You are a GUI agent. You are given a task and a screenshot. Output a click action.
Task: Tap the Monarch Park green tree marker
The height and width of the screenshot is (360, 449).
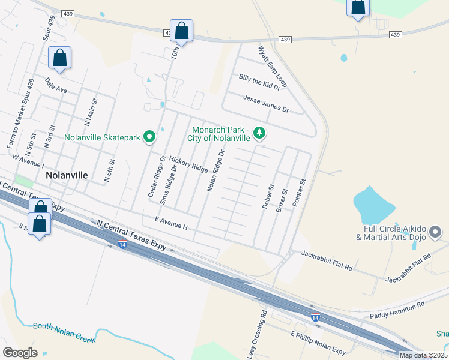tap(259, 132)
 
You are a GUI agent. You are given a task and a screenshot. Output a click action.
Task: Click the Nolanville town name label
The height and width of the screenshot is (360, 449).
tap(67, 175)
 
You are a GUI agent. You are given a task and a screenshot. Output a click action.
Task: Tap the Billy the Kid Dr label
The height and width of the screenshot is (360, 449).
tap(259, 82)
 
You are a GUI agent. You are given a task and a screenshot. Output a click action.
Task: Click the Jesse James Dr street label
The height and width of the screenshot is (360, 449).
tap(266, 104)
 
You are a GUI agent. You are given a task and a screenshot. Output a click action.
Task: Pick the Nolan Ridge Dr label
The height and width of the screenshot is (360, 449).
tap(215, 171)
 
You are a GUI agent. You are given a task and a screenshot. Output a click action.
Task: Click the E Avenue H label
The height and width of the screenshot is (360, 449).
tap(171, 223)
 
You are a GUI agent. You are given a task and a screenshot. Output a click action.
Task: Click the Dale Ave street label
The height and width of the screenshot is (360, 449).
tap(56, 88)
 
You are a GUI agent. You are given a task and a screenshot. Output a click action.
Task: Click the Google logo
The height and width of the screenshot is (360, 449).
tap(20, 352)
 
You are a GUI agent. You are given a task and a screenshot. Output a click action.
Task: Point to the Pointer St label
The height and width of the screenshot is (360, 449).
tap(299, 193)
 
